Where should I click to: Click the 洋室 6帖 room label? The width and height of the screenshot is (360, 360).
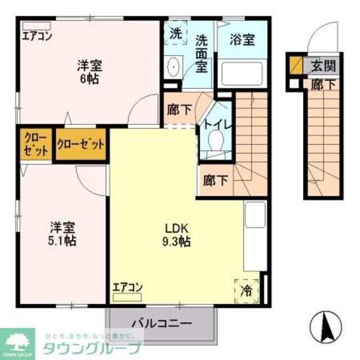coord(89,72)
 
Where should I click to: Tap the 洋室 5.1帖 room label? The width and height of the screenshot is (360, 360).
coord(62,235)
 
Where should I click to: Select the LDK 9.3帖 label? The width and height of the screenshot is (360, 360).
coord(177,235)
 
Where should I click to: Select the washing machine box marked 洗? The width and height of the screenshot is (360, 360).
coord(176,33)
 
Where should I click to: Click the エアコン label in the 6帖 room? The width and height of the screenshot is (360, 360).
coord(37,38)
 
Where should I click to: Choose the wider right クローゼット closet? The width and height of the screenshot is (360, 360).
coord(80,145)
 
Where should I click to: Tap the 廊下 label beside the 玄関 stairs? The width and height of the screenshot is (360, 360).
coord(321,84)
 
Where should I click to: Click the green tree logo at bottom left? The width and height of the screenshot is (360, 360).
coord(19,341)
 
